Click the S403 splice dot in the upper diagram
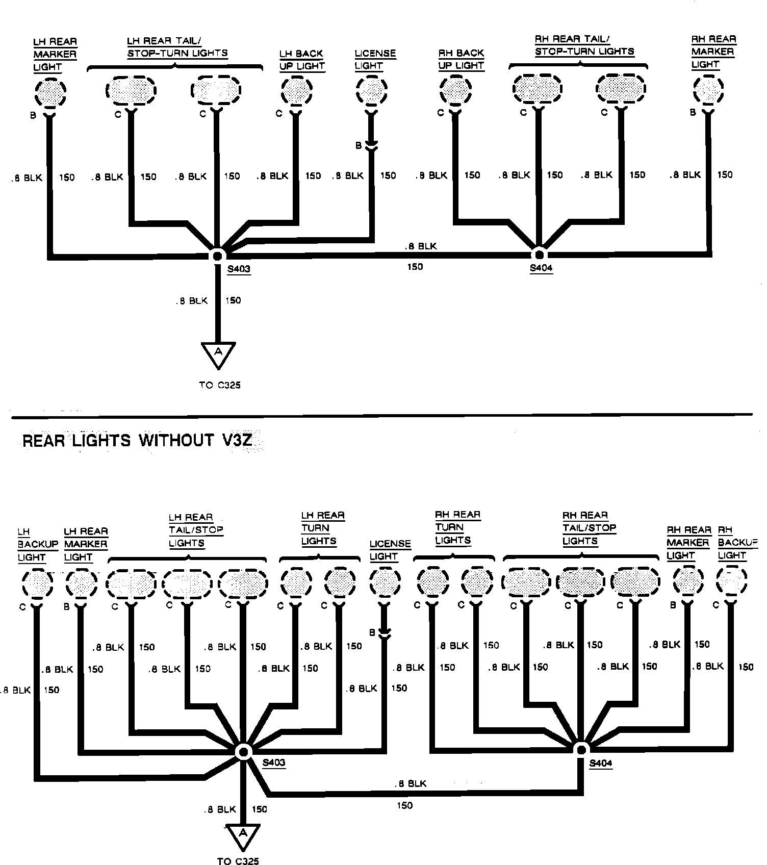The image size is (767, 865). tap(218, 255)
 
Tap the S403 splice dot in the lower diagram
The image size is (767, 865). tap(243, 751)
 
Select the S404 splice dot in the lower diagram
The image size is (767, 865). tap(580, 749)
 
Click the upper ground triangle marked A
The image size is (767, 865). tap(218, 353)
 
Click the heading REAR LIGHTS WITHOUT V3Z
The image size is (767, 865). tap(138, 440)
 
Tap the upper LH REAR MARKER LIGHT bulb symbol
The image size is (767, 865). tap(50, 92)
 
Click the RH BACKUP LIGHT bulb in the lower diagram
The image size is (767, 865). tap(731, 581)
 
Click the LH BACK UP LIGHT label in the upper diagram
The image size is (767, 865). tap(302, 60)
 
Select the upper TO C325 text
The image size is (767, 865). tap(220, 385)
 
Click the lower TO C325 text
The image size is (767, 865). tap(238, 861)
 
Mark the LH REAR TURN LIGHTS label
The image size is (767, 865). tap(323, 528)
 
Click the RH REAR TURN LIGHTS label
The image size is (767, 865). tap(457, 527)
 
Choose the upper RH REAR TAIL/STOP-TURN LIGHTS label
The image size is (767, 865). tap(584, 45)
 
